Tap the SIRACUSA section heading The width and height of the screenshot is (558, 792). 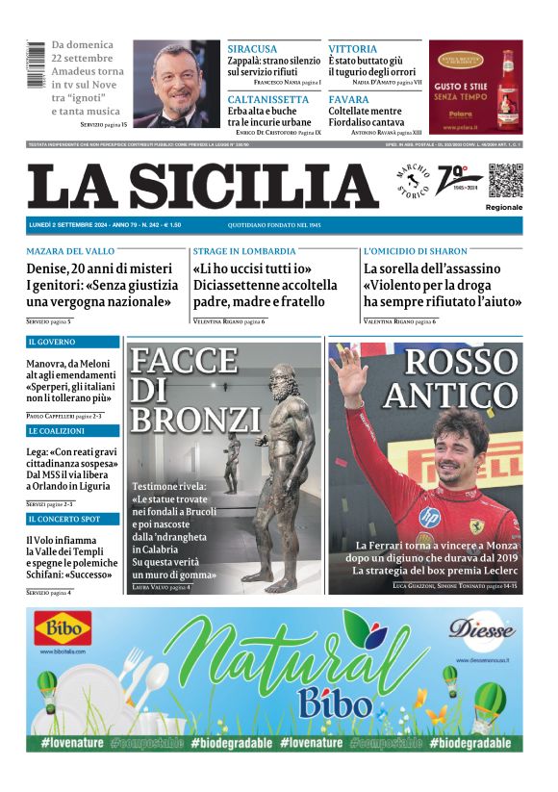click(x=252, y=49)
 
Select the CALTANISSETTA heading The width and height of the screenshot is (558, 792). click(x=268, y=99)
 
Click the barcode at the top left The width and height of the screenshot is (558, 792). click(x=36, y=66)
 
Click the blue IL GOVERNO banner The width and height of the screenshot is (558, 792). click(x=73, y=342)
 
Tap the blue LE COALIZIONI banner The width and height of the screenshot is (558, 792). click(x=73, y=430)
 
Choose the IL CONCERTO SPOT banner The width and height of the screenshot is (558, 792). click(x=73, y=519)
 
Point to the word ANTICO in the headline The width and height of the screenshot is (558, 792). click(x=452, y=395)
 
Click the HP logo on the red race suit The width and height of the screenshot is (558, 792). click(x=424, y=517)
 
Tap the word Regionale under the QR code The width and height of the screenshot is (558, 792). click(x=504, y=207)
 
